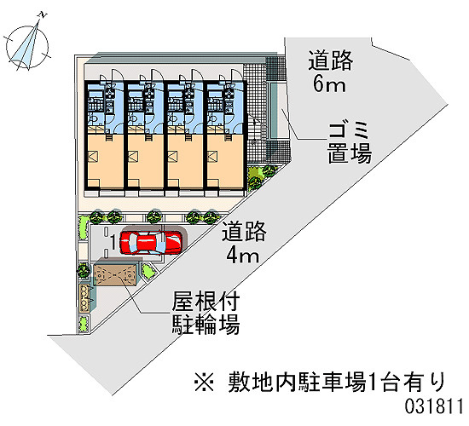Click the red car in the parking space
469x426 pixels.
[x=150, y=243]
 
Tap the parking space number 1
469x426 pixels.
[x=113, y=242]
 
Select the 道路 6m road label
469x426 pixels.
[x=330, y=72]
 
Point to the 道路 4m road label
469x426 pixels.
[x=244, y=242]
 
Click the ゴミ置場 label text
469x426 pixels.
[x=350, y=143]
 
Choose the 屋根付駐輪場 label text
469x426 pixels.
[x=206, y=313]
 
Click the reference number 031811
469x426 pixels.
[x=434, y=406]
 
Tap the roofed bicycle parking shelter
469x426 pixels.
[x=115, y=274]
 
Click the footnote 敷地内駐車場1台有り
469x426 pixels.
[x=338, y=382]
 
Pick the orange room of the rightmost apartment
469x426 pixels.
[x=225, y=161]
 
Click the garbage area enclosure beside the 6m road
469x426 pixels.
[x=279, y=110]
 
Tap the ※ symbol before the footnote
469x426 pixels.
[x=205, y=382]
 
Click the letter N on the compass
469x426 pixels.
[x=43, y=14]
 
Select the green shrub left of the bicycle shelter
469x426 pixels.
[x=84, y=271]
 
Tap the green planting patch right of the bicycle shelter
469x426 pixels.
[x=148, y=271]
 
